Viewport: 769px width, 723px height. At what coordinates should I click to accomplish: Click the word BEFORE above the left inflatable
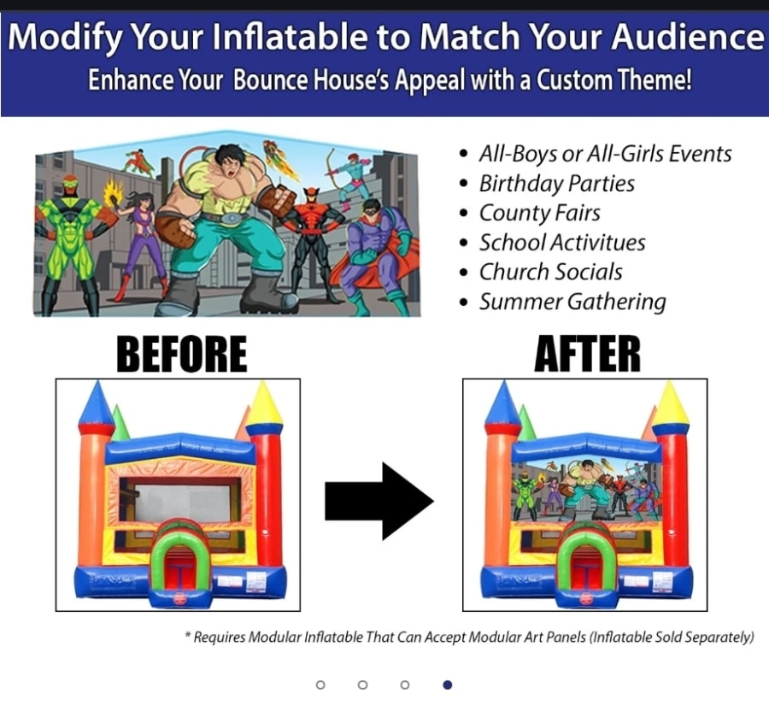pos(181,354)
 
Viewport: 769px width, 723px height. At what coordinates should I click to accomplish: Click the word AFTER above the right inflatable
pos(587,354)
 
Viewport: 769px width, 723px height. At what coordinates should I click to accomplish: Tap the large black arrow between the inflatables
pos(379,501)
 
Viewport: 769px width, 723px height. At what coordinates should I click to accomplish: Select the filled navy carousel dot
pos(447,685)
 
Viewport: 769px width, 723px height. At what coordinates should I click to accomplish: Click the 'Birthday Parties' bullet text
pos(556,184)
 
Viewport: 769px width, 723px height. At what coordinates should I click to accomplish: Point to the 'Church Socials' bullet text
pos(551,272)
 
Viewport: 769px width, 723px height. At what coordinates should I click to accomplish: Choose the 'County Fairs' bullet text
pos(539,214)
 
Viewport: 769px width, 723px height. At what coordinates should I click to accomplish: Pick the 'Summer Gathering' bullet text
pos(572,302)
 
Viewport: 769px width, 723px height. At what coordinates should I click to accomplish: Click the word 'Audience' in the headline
pos(688,37)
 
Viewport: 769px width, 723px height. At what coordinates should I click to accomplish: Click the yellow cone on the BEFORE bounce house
pos(264,403)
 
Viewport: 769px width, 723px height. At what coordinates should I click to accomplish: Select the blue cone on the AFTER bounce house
pos(503,403)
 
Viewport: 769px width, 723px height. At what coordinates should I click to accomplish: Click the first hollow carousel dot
pos(320,685)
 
